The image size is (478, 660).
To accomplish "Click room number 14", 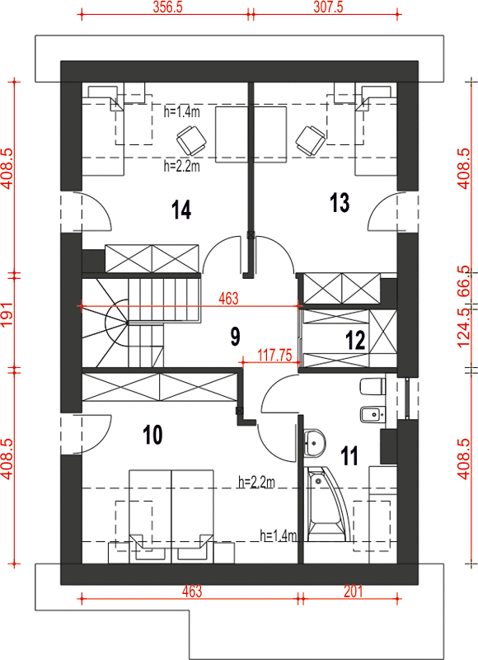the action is pyautogui.click(x=181, y=210).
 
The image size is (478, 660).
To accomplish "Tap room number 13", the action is pyautogui.click(x=340, y=202).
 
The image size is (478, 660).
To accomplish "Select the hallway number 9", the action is pyautogui.click(x=236, y=337).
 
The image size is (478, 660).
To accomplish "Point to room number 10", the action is pyautogui.click(x=152, y=435).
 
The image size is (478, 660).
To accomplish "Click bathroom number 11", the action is pyautogui.click(x=349, y=455).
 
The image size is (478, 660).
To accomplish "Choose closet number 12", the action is pyautogui.click(x=355, y=340).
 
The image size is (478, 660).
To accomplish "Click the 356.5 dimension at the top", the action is pyautogui.click(x=167, y=7).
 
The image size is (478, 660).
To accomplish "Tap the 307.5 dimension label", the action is pyautogui.click(x=328, y=7).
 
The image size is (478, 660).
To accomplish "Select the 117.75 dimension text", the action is pyautogui.click(x=274, y=356).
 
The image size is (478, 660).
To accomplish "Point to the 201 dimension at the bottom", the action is pyautogui.click(x=353, y=592).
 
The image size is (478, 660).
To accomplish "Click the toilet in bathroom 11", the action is pyautogui.click(x=373, y=386).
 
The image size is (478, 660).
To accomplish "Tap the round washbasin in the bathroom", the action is pyautogui.click(x=315, y=442).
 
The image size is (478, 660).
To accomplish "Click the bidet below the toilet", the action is pyautogui.click(x=373, y=415).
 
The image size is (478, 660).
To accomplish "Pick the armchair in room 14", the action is pyautogui.click(x=191, y=140).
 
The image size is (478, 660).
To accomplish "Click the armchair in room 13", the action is pyautogui.click(x=311, y=140).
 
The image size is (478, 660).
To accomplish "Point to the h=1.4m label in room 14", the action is pyautogui.click(x=181, y=112).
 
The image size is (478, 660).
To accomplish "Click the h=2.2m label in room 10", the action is pyautogui.click(x=256, y=482).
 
